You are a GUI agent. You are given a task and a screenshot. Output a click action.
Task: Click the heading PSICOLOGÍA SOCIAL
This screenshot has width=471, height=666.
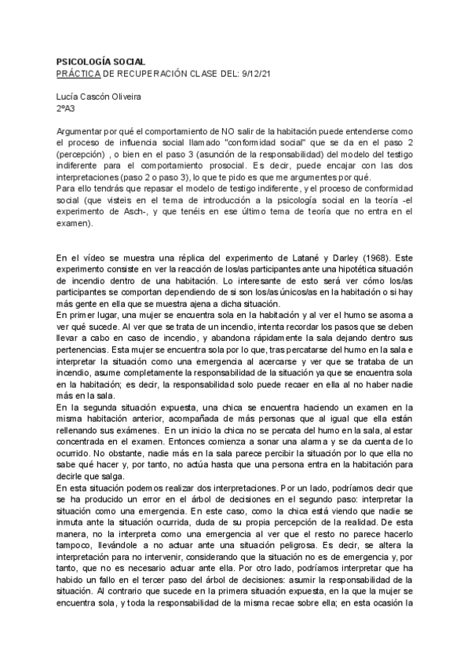coord(102,61)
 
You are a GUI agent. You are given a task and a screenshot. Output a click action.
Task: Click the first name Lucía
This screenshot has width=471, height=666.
coord(71,97)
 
